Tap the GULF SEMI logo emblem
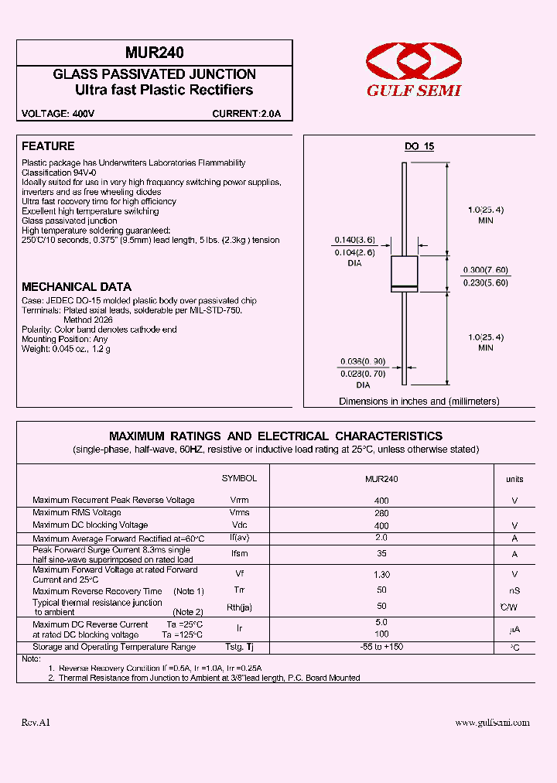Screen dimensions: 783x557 413,61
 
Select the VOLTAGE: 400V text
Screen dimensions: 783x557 58,114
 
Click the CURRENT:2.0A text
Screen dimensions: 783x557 247,114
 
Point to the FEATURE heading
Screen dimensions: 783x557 48,146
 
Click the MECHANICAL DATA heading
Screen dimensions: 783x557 77,287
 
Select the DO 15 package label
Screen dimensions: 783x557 420,147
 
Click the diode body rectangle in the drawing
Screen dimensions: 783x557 405,273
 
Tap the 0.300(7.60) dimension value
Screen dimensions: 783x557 485,269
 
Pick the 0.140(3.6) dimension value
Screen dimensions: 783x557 354,240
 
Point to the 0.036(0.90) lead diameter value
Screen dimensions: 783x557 363,361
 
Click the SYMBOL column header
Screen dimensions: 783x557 239,479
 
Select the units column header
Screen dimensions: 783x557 514,480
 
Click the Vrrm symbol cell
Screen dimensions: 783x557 239,501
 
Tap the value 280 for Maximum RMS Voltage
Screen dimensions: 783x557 381,513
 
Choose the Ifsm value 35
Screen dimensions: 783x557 381,554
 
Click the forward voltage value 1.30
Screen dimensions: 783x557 381,575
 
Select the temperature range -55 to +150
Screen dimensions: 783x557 381,647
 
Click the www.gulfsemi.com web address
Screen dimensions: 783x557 492,723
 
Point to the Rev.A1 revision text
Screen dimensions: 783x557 36,723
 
